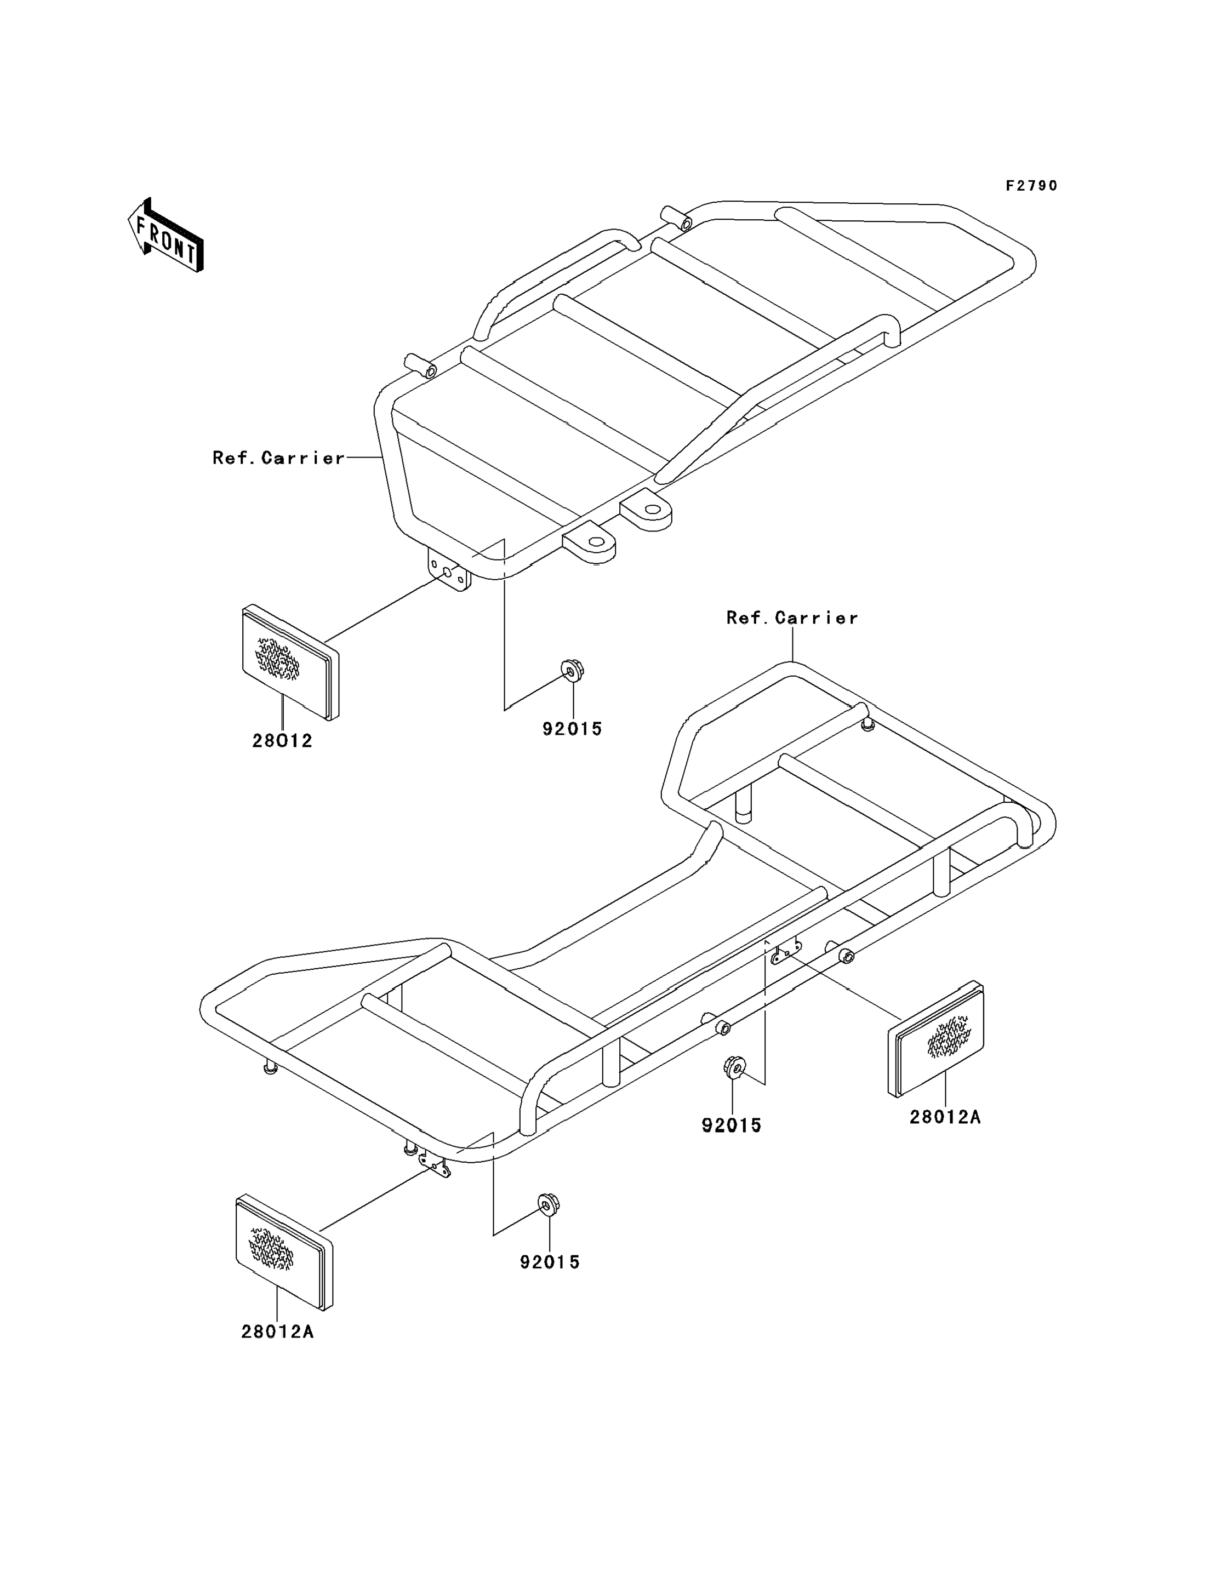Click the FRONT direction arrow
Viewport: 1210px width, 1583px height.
coord(165,236)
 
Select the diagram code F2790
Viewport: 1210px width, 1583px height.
coord(1031,186)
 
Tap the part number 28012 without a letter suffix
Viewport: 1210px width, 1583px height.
coord(282,741)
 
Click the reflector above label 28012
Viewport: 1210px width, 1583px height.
coord(289,660)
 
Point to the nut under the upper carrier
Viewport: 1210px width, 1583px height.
coord(572,671)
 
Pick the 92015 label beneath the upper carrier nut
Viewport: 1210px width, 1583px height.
coord(572,729)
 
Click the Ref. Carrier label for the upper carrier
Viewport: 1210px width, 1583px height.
coord(279,458)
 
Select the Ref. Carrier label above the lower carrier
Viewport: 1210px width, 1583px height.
coord(791,618)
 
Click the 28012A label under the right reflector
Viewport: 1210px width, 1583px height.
coord(945,1117)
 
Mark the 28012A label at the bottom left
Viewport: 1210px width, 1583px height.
coord(277,1331)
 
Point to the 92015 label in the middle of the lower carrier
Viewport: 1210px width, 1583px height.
coord(732,1125)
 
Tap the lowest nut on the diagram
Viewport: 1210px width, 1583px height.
coord(549,1204)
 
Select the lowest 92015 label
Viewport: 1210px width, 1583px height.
coord(550,1262)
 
